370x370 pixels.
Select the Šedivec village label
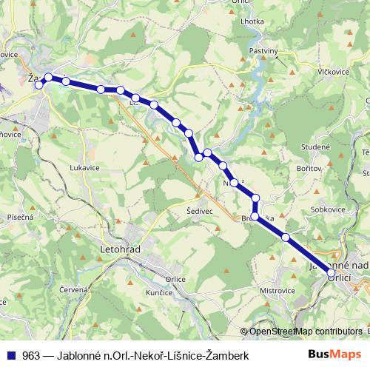tap(200, 210)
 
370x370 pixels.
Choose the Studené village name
tap(315, 147)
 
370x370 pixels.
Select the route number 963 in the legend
tap(30, 356)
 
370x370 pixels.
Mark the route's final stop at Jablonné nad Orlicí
tap(331, 274)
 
